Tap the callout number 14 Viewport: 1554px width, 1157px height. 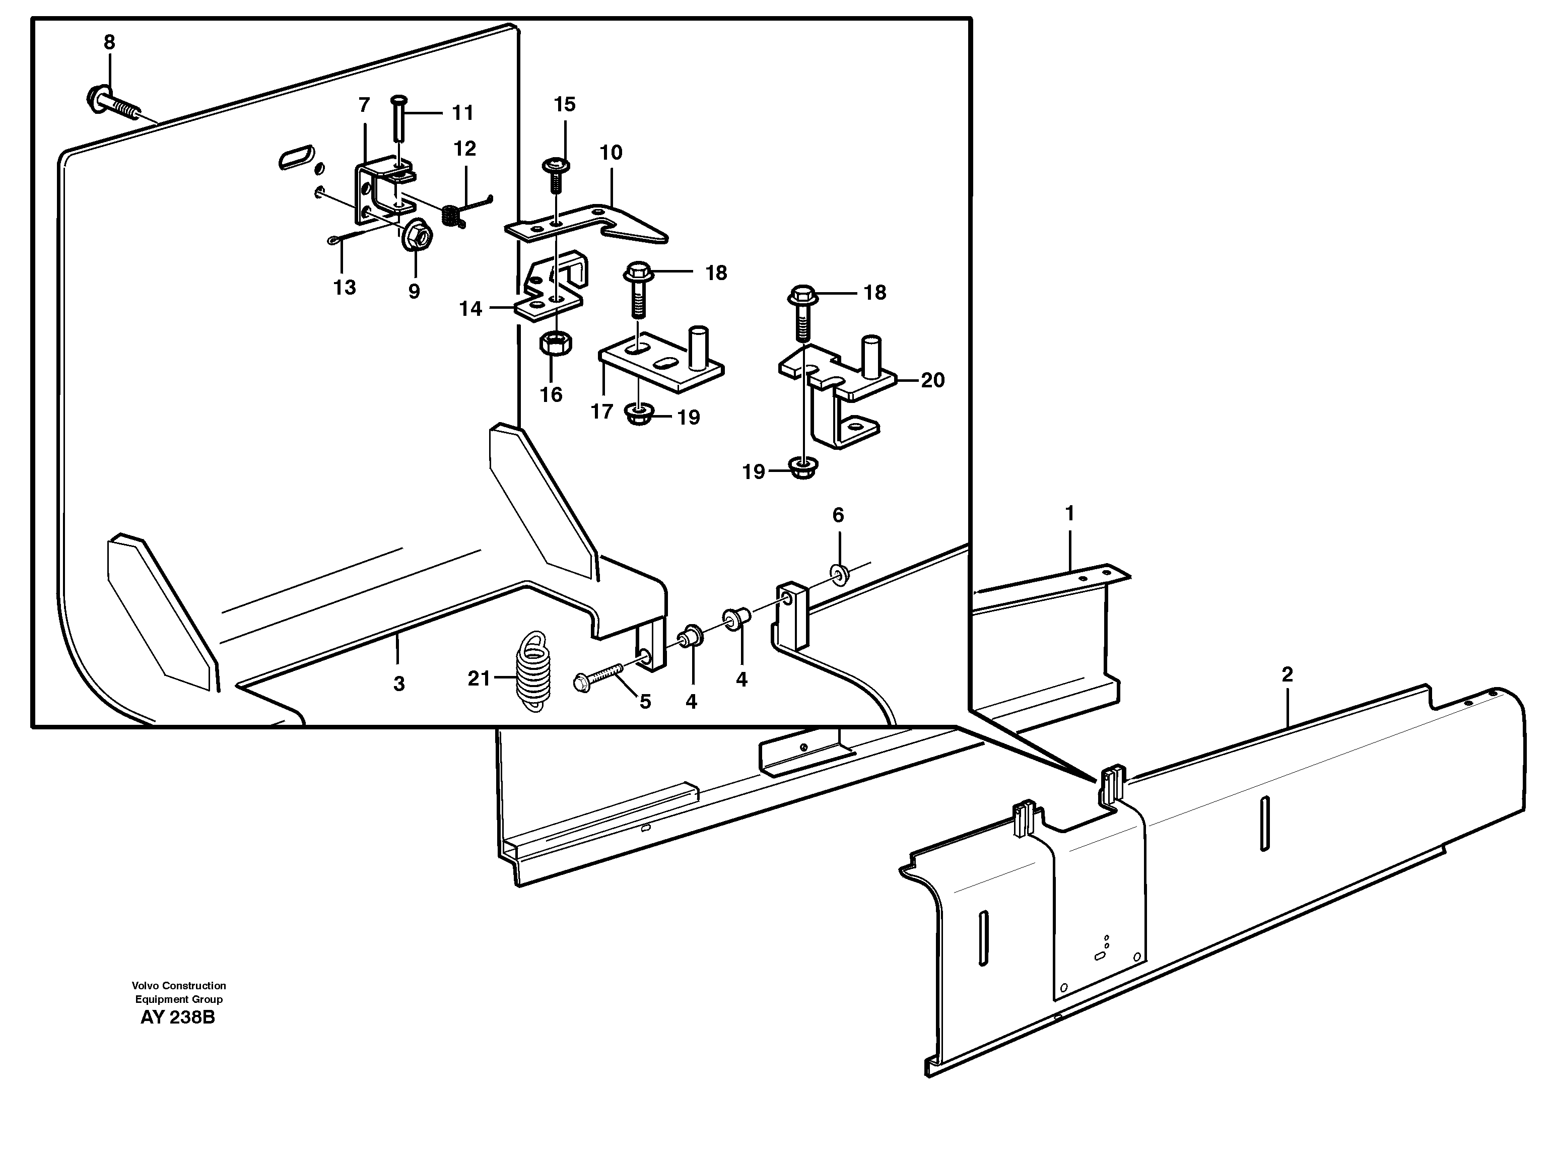coord(470,309)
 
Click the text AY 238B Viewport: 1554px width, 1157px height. coord(178,1017)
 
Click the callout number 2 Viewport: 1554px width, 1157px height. coord(1287,674)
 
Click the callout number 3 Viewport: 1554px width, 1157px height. coord(398,684)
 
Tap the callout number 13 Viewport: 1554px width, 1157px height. coord(344,287)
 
